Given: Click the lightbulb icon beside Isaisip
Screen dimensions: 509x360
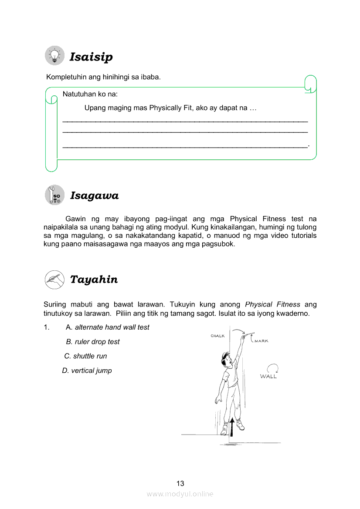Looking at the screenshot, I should pos(54,56).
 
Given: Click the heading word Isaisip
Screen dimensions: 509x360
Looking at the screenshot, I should pos(91,57).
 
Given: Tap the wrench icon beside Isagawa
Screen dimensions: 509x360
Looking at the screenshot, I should pos(54,195).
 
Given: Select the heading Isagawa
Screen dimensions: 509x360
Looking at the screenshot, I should pos(94,196).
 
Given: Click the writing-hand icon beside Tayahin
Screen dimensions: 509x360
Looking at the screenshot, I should pos(54,279).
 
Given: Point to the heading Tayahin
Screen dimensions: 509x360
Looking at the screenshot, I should pos(94,280).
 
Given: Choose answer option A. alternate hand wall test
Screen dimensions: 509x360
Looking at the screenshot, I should pos(107,327).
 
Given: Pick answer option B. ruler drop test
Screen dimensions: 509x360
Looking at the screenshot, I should pos(92,342).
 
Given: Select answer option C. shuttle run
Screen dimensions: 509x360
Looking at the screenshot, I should pos(85,356).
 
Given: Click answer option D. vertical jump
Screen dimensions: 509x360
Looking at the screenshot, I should pos(87,371).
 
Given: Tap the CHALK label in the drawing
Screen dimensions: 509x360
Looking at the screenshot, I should pos(217,336).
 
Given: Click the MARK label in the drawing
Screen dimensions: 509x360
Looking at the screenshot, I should pos(261,341).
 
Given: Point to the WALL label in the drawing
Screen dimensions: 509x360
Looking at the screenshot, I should pos(268,377).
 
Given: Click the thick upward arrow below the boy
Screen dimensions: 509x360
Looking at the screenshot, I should pos(232,427).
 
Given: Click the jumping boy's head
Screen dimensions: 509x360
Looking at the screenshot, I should pos(225,361).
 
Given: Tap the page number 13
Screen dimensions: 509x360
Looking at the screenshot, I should pos(180,483).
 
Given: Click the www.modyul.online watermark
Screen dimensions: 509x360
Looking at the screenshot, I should pos(180,494).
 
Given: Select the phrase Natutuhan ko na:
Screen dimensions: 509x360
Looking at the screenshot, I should pos(90,94).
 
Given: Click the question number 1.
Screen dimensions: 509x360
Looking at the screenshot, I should pos(46,327).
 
